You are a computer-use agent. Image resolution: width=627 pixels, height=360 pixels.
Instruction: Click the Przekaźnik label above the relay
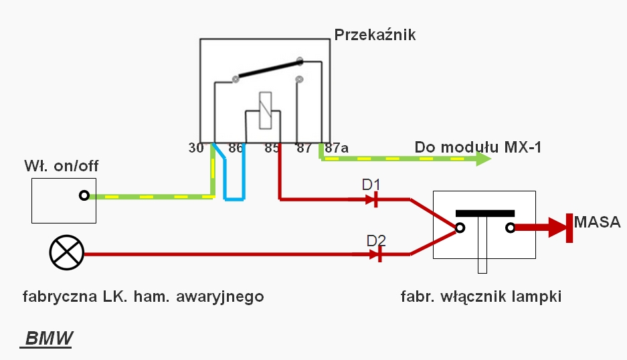point(375,35)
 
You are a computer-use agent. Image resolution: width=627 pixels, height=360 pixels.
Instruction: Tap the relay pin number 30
point(196,149)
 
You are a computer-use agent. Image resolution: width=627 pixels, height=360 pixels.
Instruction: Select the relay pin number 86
point(236,149)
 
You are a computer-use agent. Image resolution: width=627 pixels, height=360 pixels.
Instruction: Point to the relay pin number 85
point(271,149)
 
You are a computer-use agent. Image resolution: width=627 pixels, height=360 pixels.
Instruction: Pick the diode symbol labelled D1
point(375,199)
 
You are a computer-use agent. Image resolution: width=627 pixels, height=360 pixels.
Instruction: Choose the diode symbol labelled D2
point(379,254)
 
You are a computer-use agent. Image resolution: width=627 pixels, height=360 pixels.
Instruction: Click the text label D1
point(371,183)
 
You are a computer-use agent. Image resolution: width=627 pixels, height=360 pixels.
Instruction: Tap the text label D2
point(376,239)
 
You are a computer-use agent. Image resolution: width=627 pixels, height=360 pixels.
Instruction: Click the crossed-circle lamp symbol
point(67,253)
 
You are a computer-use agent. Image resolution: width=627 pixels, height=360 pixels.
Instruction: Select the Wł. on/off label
point(61,165)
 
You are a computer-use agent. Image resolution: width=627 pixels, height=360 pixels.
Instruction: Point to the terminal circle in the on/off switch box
point(84,196)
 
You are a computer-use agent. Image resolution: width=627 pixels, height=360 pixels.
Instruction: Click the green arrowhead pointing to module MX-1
point(483,159)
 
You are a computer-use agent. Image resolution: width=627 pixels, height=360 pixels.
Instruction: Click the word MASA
point(598,222)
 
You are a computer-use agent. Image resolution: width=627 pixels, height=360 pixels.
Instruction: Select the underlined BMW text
point(48,339)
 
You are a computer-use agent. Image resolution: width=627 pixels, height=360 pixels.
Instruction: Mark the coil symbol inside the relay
point(265,110)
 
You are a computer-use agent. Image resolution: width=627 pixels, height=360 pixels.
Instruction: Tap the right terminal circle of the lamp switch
point(511,228)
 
